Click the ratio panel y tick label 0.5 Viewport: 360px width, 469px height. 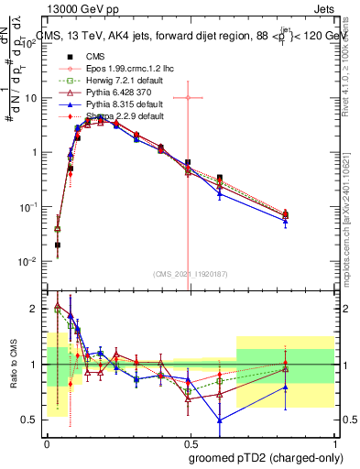28,420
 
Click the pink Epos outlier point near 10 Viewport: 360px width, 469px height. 188,97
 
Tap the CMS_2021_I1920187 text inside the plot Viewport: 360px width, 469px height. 189,273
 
